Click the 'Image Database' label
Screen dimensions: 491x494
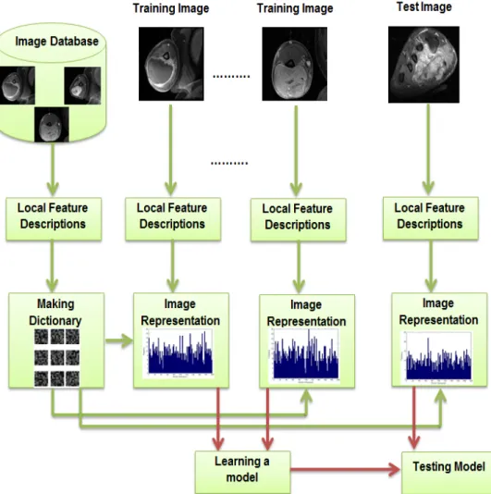pyautogui.click(x=56, y=42)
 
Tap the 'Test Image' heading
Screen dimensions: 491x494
pyautogui.click(x=423, y=6)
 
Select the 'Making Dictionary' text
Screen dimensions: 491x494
pyautogui.click(x=55, y=312)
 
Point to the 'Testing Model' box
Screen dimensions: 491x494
pyautogui.click(x=447, y=473)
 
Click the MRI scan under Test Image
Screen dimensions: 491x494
pyautogui.click(x=423, y=65)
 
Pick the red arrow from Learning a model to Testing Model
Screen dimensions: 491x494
pyautogui.click(x=346, y=469)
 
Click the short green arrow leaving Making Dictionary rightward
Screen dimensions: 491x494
pyautogui.click(x=119, y=340)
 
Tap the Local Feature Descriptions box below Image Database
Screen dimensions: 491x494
pyautogui.click(x=54, y=219)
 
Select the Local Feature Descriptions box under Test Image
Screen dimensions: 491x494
pyautogui.click(x=431, y=218)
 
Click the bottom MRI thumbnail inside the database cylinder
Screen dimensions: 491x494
pyautogui.click(x=52, y=125)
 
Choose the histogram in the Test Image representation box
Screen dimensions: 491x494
pyautogui.click(x=437, y=358)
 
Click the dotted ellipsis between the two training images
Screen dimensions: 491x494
pyautogui.click(x=231, y=76)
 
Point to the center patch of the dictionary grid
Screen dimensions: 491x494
pyautogui.click(x=57, y=358)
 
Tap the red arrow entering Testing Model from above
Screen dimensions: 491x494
pyautogui.click(x=414, y=418)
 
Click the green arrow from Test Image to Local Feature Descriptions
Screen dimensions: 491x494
pyautogui.click(x=428, y=150)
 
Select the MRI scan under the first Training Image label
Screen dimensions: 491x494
pyautogui.click(x=171, y=64)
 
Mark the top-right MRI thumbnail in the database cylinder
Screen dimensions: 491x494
pyautogui.click(x=82, y=85)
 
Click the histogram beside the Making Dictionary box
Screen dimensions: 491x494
pyautogui.click(x=178, y=353)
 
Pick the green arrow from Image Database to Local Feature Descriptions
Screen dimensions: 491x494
pyautogui.click(x=53, y=169)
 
